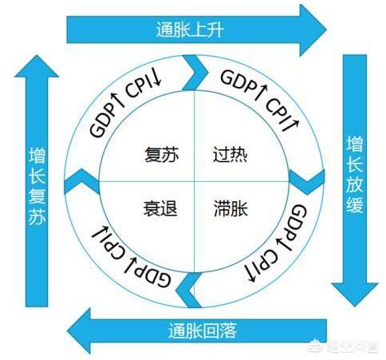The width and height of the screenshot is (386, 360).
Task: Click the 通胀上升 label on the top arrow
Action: coord(190,30)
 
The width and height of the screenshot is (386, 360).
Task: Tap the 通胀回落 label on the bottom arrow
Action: coord(203,330)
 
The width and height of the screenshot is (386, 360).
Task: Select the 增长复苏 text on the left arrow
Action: coord(37,187)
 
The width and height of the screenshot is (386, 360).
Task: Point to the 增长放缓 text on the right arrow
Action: coord(355,175)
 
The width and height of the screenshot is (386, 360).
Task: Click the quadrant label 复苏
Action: coord(161,154)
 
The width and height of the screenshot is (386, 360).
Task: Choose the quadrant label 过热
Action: coord(230,154)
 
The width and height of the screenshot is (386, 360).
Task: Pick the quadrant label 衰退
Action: coord(160,208)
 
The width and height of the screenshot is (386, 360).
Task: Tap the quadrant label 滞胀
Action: coord(230,208)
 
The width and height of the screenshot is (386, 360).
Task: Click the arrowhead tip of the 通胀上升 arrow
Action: coord(326,30)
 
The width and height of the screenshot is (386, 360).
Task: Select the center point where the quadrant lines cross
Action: coord(195,182)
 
